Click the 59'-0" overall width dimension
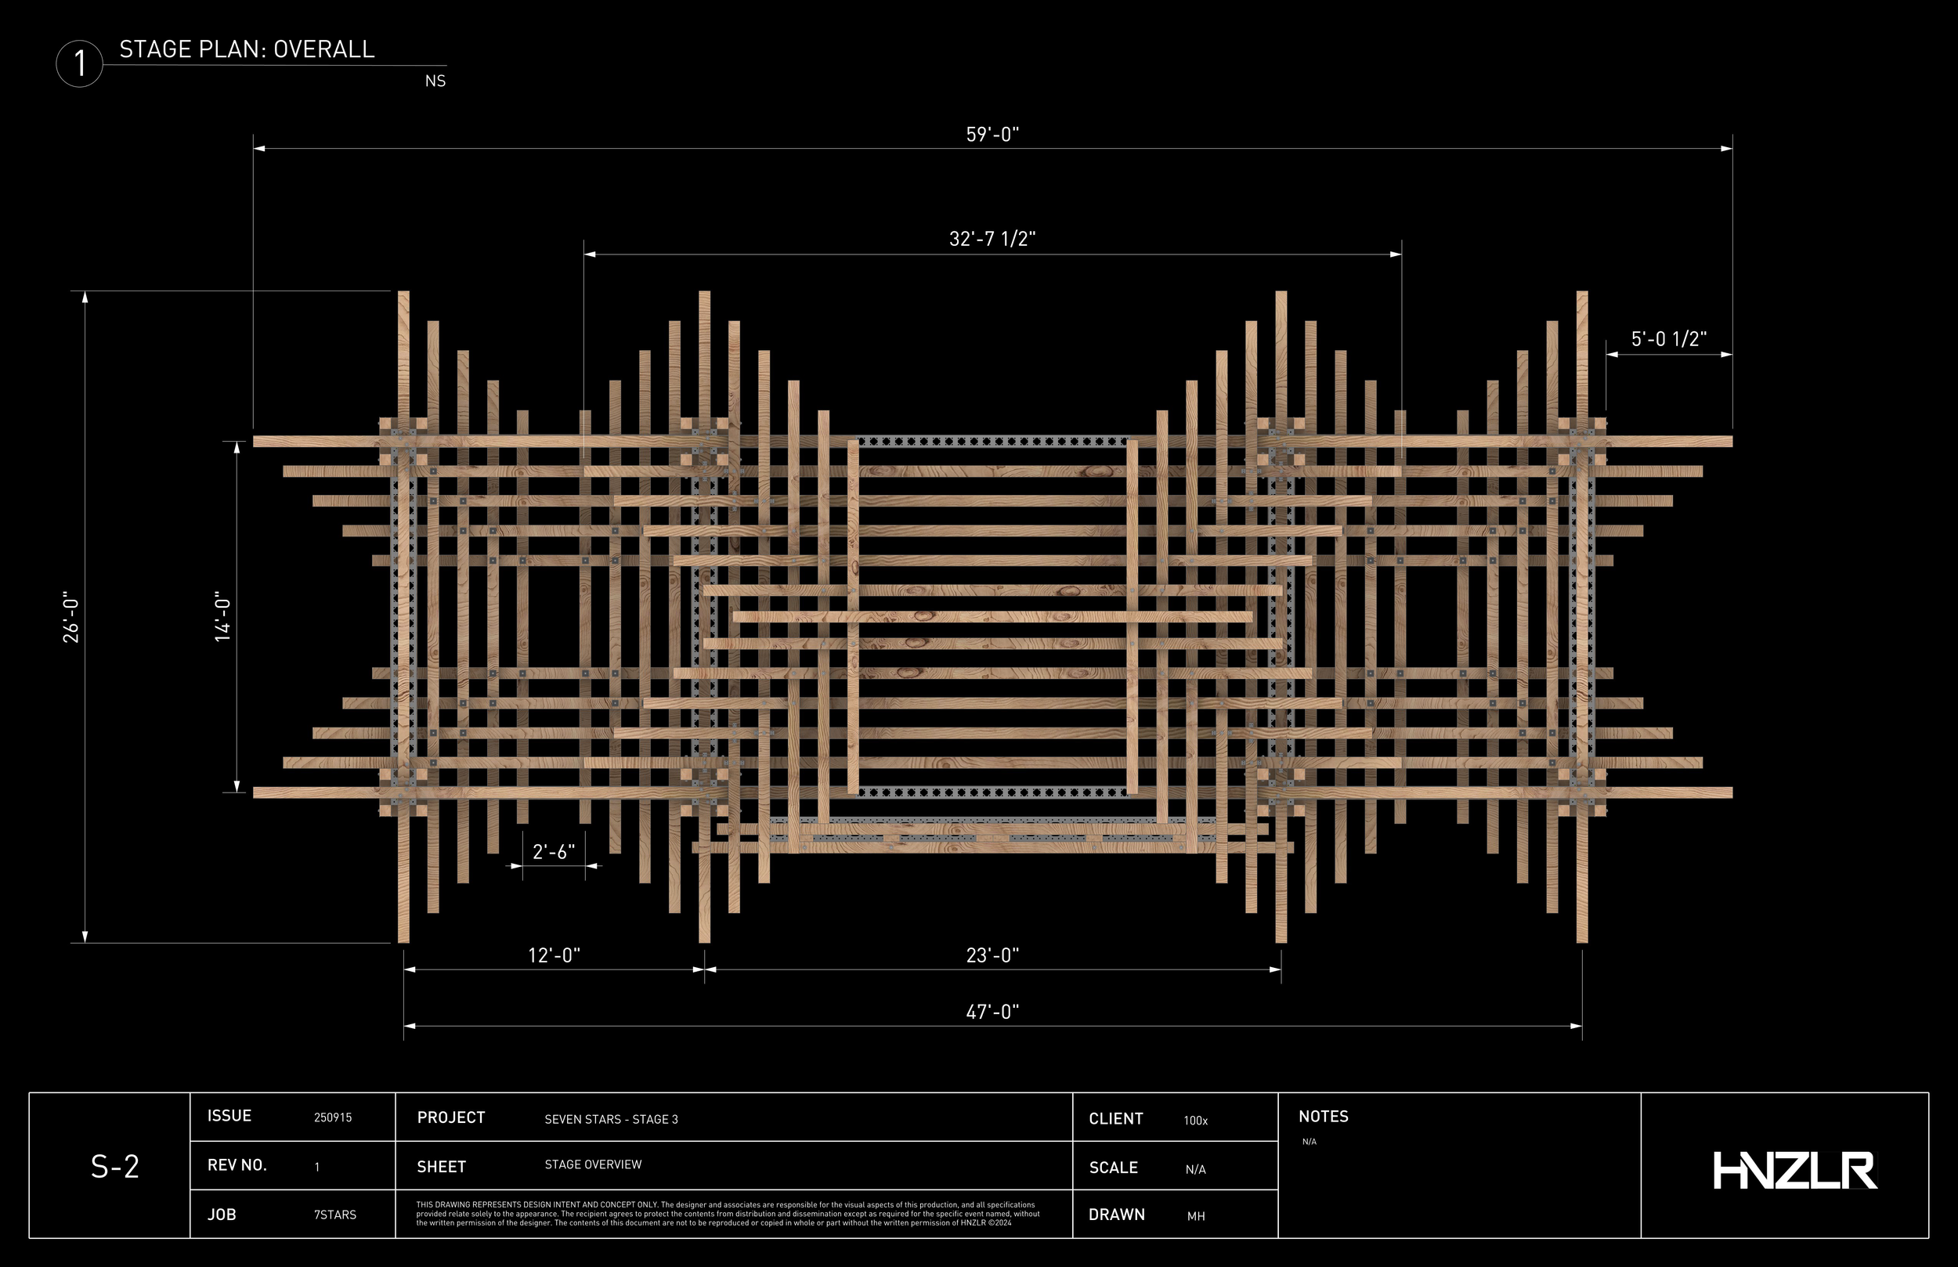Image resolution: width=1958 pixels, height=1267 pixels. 992,134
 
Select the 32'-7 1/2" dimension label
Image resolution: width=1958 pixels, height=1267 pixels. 992,239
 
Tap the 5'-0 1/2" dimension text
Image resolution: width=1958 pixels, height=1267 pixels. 1668,339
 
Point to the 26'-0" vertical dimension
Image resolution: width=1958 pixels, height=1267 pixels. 71,617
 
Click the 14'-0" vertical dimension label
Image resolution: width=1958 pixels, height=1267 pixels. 223,617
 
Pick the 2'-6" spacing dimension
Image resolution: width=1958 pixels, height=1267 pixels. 554,851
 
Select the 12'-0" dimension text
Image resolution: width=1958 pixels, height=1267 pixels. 554,955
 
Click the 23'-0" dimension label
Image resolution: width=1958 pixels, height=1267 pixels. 992,955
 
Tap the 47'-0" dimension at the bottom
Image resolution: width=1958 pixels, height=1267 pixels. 992,1012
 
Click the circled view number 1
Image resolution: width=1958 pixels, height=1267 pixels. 80,63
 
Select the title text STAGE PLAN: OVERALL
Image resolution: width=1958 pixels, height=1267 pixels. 247,49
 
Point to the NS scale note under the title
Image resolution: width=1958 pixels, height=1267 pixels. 435,81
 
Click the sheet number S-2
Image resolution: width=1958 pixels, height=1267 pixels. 114,1167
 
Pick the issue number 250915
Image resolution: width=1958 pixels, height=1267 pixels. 332,1117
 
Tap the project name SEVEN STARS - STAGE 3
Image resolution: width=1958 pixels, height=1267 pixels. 611,1119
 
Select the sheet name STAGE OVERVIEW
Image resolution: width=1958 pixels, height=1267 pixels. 592,1164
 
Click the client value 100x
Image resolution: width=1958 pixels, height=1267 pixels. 1195,1121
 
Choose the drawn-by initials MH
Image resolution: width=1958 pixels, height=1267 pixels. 1195,1216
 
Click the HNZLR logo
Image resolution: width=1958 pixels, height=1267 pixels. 1794,1170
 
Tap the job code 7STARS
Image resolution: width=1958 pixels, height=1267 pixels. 335,1215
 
